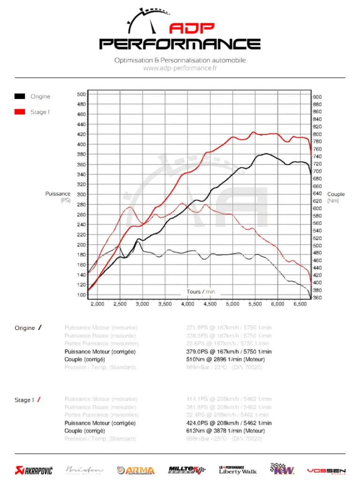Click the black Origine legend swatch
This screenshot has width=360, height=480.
20,97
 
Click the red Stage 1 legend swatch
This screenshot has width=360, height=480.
20,112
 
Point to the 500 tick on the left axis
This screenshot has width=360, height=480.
81,94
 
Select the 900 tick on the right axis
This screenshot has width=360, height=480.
317,97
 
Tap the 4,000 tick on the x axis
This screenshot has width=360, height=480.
187,304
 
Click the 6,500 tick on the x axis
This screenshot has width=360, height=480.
300,304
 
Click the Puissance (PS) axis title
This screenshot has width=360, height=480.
58,197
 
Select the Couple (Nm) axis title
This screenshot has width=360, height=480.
336,197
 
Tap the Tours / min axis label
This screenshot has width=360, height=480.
201,292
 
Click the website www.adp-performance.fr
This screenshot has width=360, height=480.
180,68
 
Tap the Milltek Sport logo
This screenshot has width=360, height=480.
187,470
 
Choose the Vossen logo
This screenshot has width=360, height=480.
326,470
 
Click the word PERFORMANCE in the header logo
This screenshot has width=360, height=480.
180,44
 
